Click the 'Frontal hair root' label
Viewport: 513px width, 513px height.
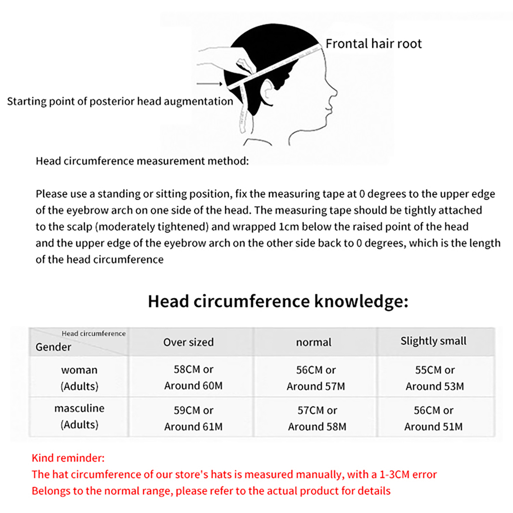click(374, 44)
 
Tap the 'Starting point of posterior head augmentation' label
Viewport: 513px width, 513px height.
click(120, 101)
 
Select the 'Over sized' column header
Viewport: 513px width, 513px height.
click(189, 342)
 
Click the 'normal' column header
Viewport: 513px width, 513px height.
click(314, 342)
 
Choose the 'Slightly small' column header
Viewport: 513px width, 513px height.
click(433, 341)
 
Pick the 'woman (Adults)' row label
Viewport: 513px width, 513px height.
click(79, 378)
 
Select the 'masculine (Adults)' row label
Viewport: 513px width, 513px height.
click(79, 416)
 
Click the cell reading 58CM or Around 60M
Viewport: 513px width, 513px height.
click(193, 377)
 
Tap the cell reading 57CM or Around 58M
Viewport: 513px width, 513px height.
click(317, 418)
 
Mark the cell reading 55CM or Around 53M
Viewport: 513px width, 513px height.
click(435, 378)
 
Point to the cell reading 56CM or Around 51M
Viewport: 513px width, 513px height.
click(433, 418)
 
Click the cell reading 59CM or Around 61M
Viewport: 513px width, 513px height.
click(193, 418)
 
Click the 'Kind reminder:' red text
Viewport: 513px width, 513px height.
click(68, 458)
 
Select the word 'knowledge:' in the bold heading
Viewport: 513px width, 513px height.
click(361, 301)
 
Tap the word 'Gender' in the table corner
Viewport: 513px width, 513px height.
click(53, 347)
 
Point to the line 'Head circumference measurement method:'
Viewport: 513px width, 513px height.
click(142, 161)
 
